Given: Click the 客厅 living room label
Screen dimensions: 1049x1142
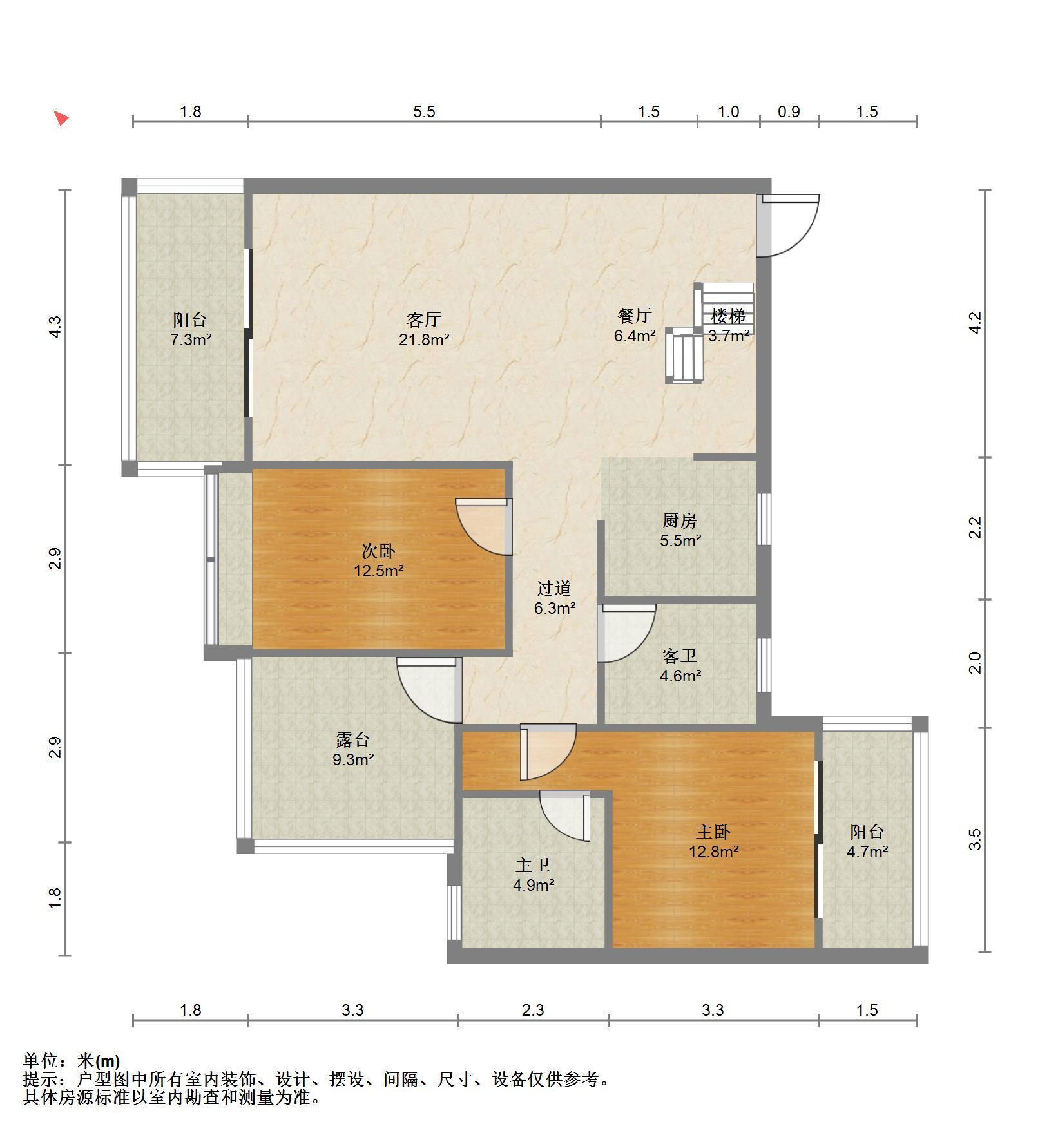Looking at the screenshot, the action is (x=423, y=319).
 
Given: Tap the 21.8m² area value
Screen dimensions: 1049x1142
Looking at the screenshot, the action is (x=423, y=339).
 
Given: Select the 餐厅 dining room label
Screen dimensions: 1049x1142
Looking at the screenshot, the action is (x=635, y=316).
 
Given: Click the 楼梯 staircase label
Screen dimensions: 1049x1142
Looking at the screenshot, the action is (x=728, y=316).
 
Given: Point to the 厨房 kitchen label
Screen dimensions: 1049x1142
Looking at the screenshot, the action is (x=680, y=520).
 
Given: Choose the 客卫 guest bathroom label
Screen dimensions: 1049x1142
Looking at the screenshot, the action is (x=680, y=656).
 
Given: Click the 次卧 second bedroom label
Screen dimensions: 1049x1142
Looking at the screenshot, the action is (x=378, y=551).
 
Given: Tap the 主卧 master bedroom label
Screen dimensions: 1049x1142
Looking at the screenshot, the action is (x=713, y=832).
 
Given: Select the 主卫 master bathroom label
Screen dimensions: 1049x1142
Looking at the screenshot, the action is (x=533, y=865).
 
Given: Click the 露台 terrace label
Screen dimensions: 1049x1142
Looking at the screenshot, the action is (x=353, y=739).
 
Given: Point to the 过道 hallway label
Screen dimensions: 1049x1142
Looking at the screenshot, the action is (x=554, y=588).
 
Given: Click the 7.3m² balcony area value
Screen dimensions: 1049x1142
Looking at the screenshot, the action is (x=191, y=339).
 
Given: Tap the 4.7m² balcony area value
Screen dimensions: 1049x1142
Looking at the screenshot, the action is (x=867, y=852).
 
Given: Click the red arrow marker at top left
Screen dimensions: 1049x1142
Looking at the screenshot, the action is (x=61, y=118).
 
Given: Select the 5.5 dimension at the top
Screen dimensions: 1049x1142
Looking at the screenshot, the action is (x=424, y=111).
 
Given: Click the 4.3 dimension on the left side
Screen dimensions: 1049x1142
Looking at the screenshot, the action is (x=55, y=327).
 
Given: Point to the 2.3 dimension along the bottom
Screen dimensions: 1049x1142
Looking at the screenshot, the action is (x=533, y=1010).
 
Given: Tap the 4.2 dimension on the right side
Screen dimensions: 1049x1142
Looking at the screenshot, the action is (x=976, y=323).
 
